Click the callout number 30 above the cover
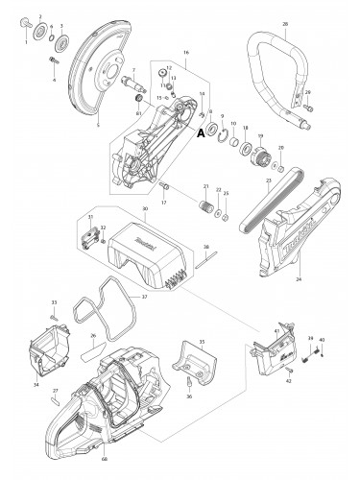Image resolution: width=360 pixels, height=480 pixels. (x=143, y=209)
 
